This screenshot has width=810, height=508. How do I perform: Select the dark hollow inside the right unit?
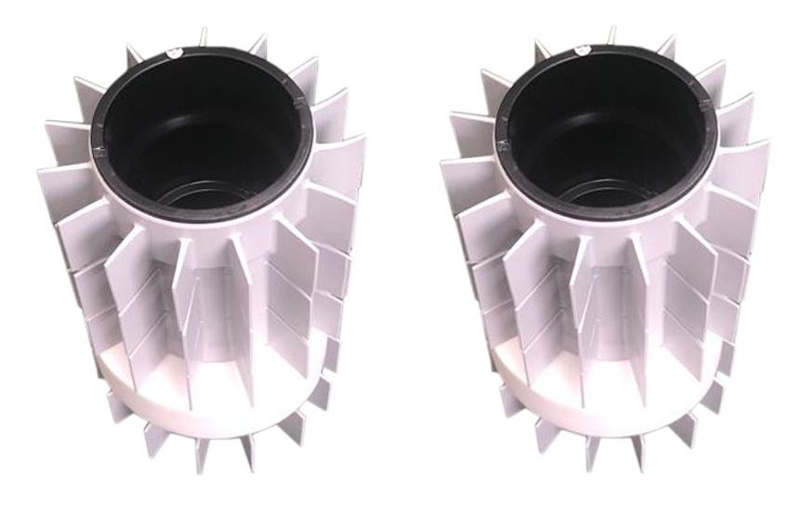(604, 126)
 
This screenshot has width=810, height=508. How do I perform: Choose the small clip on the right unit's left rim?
(499, 144)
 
